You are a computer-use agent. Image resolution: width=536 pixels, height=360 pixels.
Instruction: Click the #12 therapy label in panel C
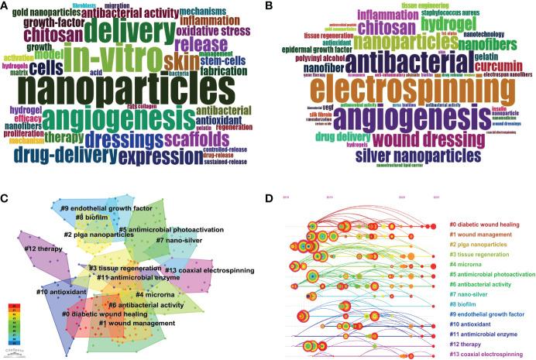point(43,249)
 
